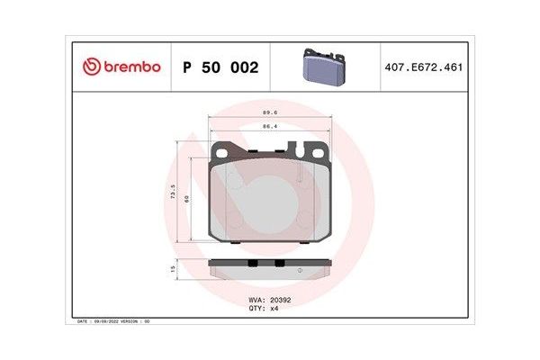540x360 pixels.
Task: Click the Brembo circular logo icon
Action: [91, 67]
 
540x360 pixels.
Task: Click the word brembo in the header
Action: [130, 67]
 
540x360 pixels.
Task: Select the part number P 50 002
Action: [220, 67]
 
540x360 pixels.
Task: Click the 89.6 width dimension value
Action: [268, 113]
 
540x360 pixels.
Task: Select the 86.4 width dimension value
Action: [268, 128]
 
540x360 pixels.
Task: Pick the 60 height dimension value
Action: [186, 199]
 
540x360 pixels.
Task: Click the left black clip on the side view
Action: [253, 263]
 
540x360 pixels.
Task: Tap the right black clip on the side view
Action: [280, 263]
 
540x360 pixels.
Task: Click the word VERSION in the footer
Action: [132, 319]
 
